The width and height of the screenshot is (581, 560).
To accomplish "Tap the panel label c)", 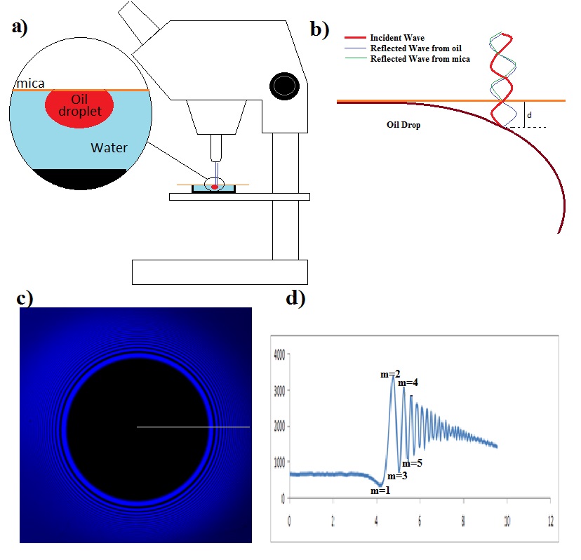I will tap(25, 298).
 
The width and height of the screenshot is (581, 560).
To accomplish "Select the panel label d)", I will tap(295, 298).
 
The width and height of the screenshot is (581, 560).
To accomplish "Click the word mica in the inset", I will tap(31, 84).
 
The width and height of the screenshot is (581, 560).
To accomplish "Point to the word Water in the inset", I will tap(107, 148).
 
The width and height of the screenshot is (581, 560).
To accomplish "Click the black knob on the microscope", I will tap(284, 86).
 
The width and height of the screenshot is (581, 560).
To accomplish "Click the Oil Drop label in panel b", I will tap(403, 125).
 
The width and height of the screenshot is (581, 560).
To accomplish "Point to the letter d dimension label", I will tap(529, 114).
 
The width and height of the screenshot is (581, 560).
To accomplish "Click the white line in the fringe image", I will tap(193, 426).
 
